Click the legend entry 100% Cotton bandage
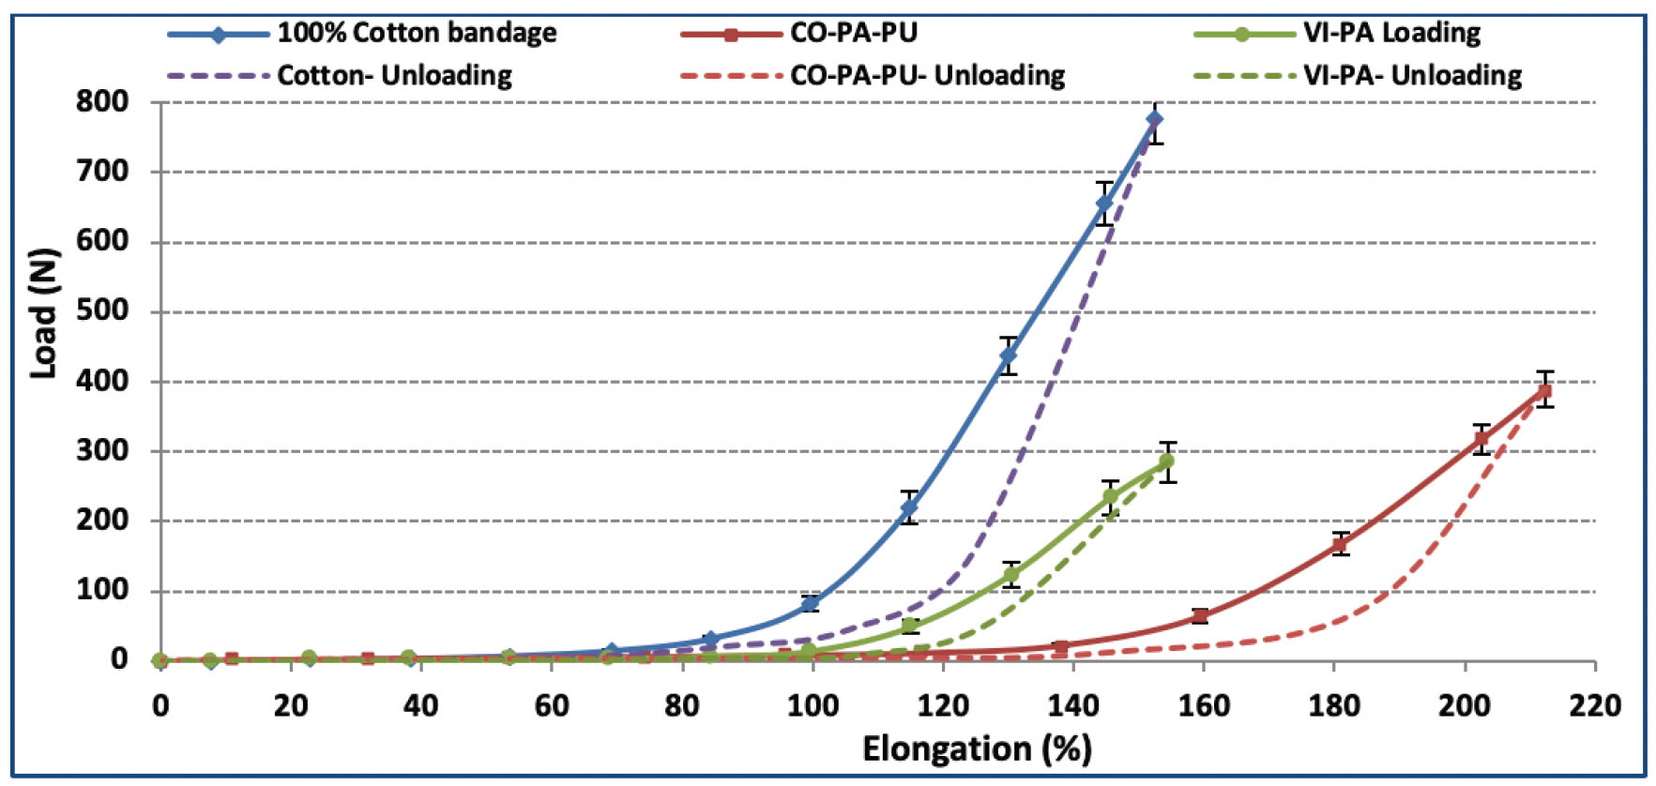coord(417,33)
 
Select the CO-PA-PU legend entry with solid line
coord(853,33)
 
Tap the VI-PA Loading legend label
coord(1391,33)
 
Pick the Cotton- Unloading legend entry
coord(394,75)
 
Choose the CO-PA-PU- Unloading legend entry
coord(927,75)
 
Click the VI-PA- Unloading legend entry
coord(1412,75)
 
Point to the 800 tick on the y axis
coord(103,101)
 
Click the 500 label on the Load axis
coord(103,310)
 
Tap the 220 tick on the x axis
coord(1594,705)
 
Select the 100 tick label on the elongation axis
coord(813,705)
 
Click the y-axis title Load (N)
coord(44,313)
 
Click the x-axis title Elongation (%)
coord(976,749)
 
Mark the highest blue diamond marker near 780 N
coord(1155,119)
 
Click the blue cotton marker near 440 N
coord(1008,355)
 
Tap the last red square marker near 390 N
coord(1544,390)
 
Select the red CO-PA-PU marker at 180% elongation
coord(1340,544)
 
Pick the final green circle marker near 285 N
coord(1166,461)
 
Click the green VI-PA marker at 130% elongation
coord(1010,574)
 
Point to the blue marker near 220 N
coord(908,507)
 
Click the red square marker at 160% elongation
coord(1199,615)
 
